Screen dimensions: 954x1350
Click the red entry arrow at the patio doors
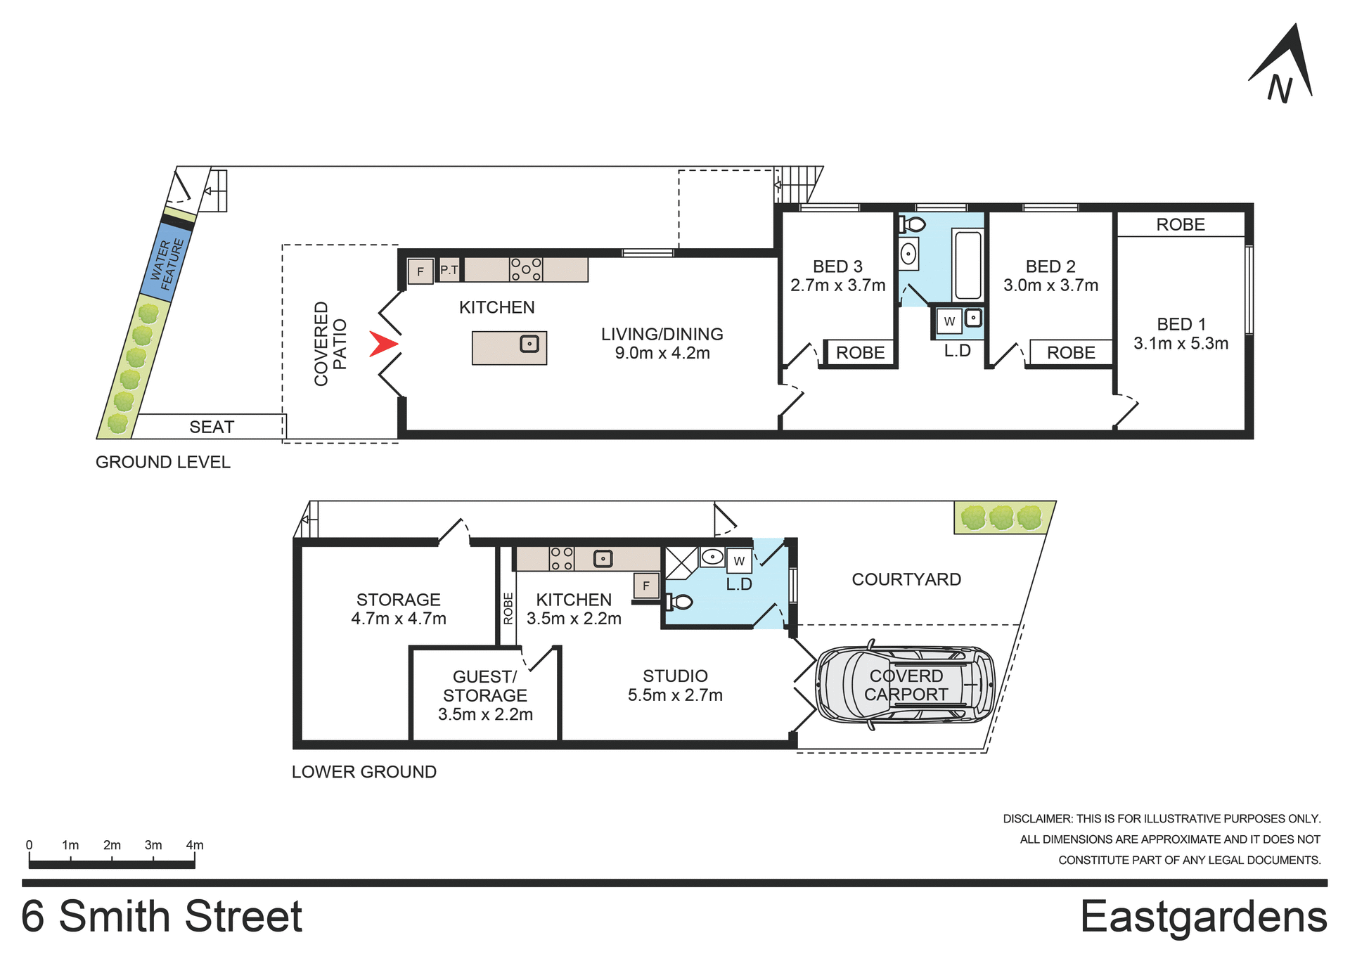click(383, 344)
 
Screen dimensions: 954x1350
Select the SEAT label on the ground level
click(211, 427)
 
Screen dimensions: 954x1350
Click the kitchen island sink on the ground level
click(529, 344)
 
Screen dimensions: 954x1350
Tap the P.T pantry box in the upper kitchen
click(449, 270)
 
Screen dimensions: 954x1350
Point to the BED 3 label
click(837, 266)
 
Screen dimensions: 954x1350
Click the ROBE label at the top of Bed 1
click(1180, 224)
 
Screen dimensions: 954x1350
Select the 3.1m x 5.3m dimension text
click(1181, 344)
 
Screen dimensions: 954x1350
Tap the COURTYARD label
click(906, 579)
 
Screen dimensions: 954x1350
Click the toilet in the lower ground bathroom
click(679, 602)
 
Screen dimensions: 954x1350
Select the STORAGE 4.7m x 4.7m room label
click(398, 609)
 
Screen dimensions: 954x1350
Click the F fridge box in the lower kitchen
click(645, 586)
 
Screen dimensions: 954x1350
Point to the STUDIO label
click(675, 676)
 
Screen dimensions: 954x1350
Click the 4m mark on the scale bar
click(194, 846)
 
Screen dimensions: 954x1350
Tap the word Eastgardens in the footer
click(1203, 917)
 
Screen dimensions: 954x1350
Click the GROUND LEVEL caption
click(162, 462)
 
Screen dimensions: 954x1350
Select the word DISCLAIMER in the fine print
click(1036, 819)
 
